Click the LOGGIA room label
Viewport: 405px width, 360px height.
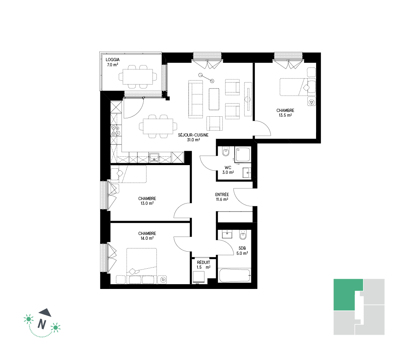[113, 60]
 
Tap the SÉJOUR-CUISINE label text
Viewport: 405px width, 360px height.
[193, 135]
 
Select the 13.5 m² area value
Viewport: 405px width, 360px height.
[285, 115]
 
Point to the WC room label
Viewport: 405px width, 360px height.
[228, 167]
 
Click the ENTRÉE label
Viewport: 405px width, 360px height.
[222, 194]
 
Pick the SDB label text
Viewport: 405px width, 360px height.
[242, 248]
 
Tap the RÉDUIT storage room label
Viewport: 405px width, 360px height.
[204, 262]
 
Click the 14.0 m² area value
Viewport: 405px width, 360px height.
[147, 238]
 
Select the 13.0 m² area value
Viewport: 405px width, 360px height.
[147, 203]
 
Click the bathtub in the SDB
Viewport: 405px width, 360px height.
[235, 276]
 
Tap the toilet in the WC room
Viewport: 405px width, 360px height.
[226, 152]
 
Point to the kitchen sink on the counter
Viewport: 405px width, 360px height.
[154, 157]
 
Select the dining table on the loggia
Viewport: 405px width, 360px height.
[138, 77]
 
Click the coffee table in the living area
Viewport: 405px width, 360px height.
[214, 99]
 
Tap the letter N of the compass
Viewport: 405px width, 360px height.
[42, 324]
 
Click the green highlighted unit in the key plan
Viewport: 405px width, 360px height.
[346, 295]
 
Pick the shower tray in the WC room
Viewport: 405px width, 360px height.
[243, 154]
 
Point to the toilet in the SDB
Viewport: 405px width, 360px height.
[243, 235]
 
